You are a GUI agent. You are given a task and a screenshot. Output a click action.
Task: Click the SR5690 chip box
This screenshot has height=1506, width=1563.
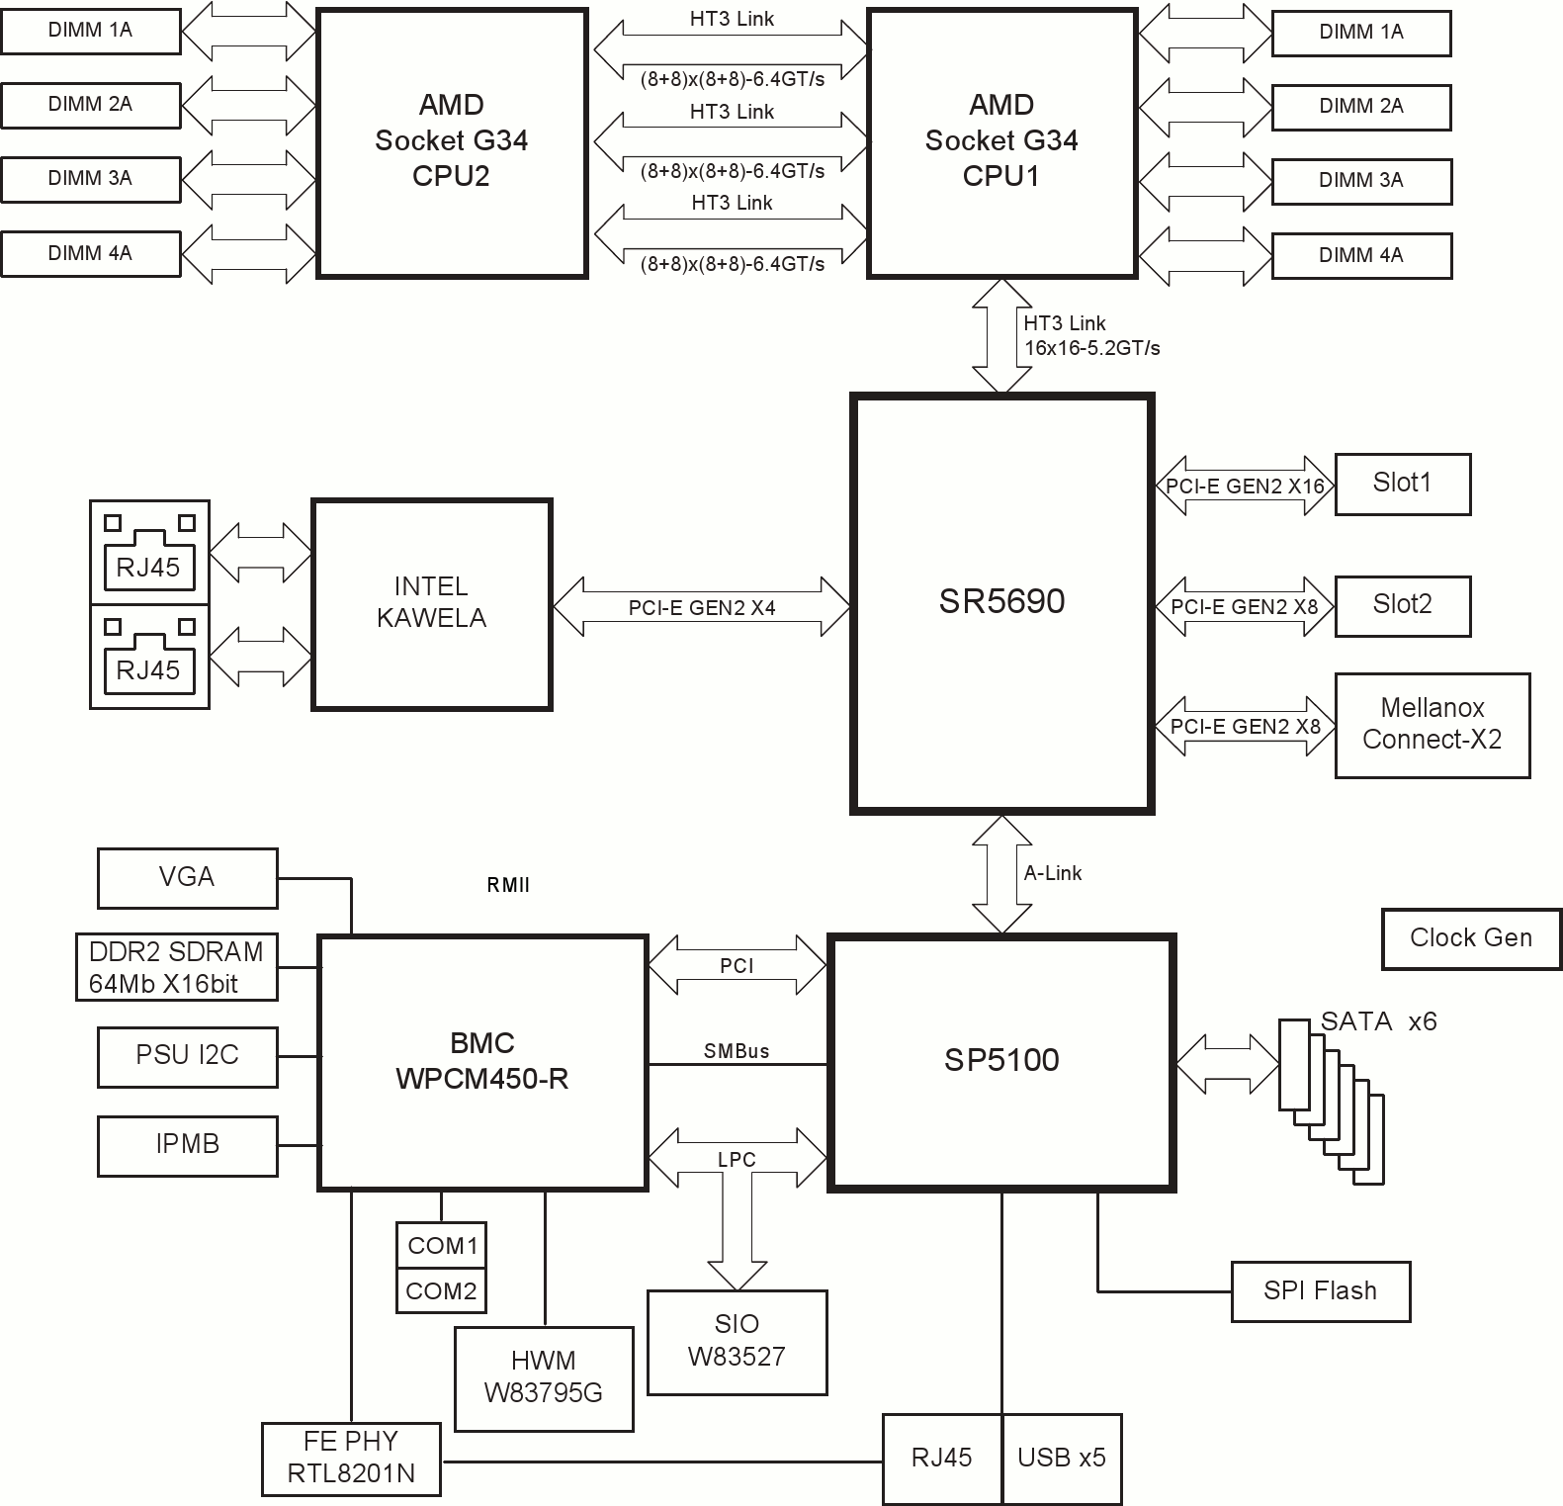point(1001,603)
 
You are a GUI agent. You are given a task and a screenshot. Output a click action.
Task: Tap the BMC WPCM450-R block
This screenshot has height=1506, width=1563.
point(482,1061)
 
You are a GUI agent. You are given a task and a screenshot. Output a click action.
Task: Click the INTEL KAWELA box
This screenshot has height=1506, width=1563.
point(431,603)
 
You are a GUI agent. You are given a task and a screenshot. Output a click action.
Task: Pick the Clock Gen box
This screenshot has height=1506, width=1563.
point(1470,938)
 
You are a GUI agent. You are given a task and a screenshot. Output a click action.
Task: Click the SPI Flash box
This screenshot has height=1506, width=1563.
point(1320,1291)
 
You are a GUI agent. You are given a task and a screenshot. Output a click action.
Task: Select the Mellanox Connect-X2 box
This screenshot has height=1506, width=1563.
point(1432,725)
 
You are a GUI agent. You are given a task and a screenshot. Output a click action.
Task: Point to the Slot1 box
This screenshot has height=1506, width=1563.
point(1402,484)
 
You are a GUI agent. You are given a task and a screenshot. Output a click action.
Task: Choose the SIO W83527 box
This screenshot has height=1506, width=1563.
point(737,1341)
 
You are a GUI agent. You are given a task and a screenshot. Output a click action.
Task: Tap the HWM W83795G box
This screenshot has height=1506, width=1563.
point(543,1377)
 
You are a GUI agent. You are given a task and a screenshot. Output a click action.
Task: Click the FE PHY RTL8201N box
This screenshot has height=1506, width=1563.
point(351,1458)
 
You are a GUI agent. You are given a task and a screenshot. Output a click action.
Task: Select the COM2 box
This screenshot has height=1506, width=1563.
point(441,1291)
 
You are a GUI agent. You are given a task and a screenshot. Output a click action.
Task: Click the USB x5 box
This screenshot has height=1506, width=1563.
point(1062,1458)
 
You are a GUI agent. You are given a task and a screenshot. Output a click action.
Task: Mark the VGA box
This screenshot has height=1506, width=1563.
point(187,877)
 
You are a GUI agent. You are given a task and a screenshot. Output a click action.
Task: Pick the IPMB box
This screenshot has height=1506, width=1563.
point(187,1145)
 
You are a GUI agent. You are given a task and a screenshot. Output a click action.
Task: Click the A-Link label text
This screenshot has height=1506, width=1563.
point(1052,873)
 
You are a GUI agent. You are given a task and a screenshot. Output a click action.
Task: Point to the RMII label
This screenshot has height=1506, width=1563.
point(508,886)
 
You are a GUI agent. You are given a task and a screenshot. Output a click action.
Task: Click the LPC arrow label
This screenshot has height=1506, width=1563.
point(737,1160)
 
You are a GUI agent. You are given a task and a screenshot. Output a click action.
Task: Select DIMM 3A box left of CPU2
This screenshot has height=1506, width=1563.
point(90,179)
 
